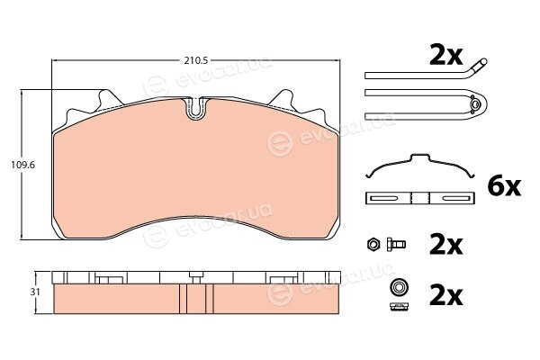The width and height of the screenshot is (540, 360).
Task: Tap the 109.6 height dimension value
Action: click(x=22, y=165)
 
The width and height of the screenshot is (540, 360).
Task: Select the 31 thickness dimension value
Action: click(x=35, y=292)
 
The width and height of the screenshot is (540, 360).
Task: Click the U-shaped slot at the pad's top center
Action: click(x=196, y=108)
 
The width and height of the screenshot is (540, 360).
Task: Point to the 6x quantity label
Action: click(x=504, y=186)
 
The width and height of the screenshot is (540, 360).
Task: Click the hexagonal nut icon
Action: click(x=373, y=244)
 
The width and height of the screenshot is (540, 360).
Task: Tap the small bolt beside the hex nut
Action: click(x=396, y=244)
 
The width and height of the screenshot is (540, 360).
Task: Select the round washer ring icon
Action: click(x=399, y=286)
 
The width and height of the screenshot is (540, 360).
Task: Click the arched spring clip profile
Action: click(x=420, y=166)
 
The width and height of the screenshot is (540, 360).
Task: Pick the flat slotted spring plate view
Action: click(x=420, y=198)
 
